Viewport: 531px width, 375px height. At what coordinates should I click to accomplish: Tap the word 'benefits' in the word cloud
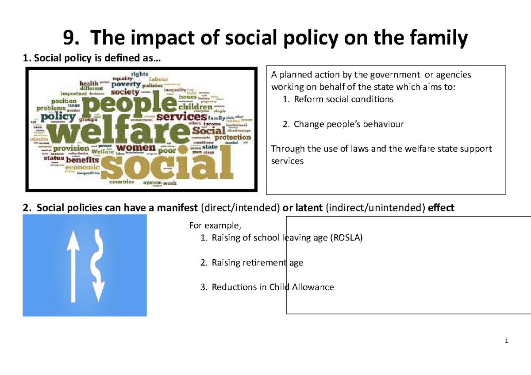(x=83, y=160)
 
